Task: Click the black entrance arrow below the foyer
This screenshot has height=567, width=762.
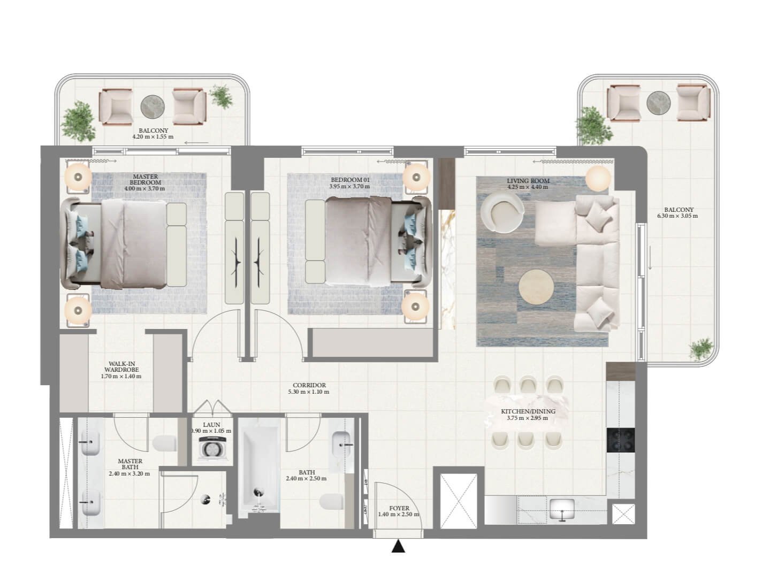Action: coord(398,547)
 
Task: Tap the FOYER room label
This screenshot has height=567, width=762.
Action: coord(399,509)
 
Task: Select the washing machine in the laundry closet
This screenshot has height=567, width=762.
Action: coord(212,448)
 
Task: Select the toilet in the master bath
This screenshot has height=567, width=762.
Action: coord(165,443)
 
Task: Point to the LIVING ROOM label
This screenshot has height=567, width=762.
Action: coord(528,181)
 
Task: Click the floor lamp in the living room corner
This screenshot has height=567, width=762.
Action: coord(598,177)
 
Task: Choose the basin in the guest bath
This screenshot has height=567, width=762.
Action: coord(341,441)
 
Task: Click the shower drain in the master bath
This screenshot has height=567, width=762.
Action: coord(205,500)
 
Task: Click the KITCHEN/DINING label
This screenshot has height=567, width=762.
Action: coord(528,411)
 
